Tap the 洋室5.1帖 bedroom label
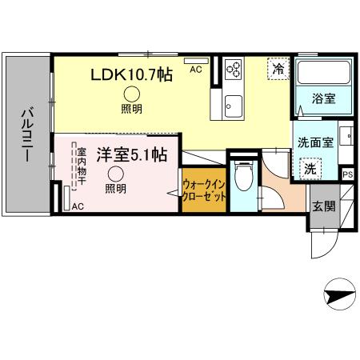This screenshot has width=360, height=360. point(132,154)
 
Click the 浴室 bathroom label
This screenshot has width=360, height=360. point(324,101)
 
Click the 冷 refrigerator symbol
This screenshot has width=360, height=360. point(278,70)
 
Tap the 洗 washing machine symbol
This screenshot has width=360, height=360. point(309,170)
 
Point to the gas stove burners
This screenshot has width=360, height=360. point(234,70)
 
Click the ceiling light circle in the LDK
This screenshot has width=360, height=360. point(130,94)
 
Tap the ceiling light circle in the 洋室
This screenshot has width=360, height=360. point(116,174)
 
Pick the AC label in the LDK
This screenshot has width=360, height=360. point(195,70)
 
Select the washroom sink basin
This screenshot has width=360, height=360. point(349,137)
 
